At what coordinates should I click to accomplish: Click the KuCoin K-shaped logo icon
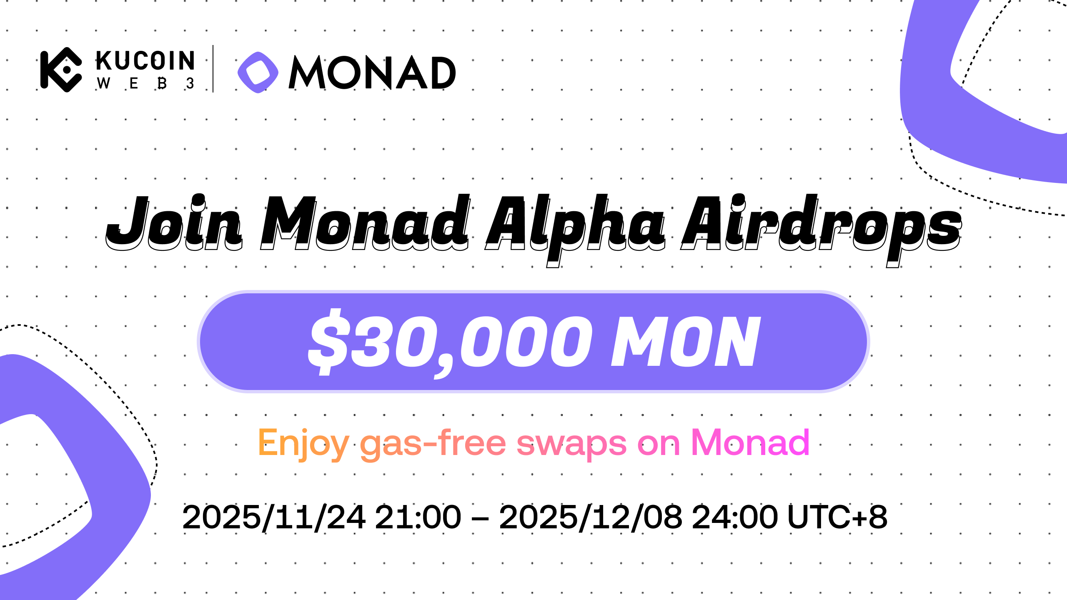[61, 70]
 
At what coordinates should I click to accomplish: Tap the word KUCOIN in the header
[145, 61]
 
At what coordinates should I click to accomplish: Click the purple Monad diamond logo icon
[258, 72]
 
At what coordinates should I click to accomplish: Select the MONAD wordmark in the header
[372, 72]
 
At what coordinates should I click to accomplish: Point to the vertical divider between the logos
[213, 69]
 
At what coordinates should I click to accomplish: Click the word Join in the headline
[174, 222]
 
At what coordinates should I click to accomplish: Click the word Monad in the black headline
[365, 222]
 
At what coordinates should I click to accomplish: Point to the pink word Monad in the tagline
[750, 442]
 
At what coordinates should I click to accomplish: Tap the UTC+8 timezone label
[837, 517]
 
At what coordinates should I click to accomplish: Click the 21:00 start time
[418, 517]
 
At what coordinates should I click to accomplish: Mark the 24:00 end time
[735, 517]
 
